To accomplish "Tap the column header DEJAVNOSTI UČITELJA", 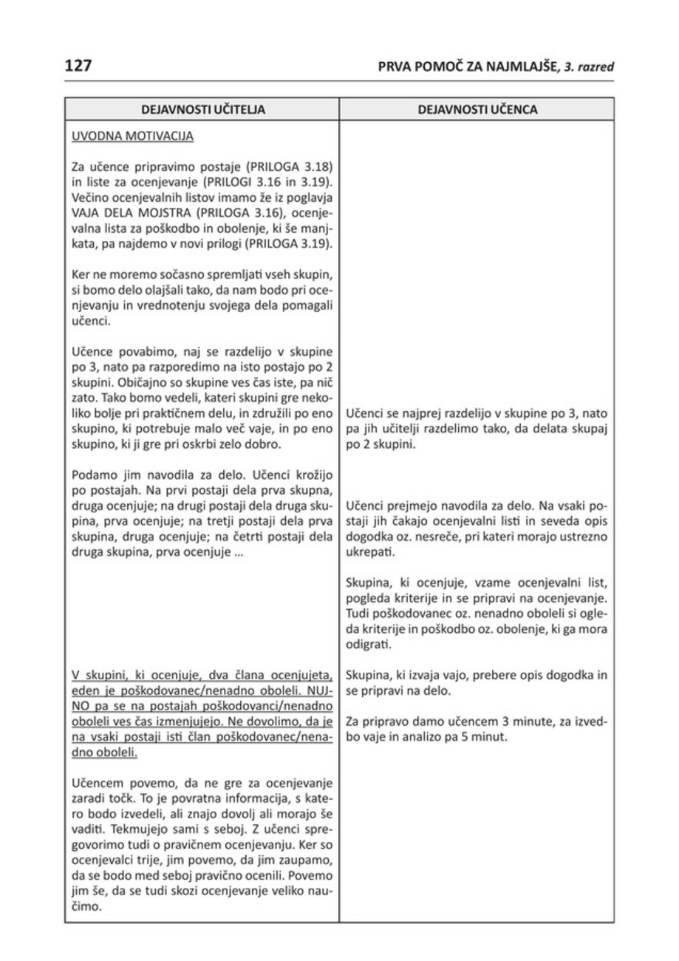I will pos(202,110).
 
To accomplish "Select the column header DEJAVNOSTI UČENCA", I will pos(477,110).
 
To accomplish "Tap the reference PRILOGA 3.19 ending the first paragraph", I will pos(289,241).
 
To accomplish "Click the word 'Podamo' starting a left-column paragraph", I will pos(92,474).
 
